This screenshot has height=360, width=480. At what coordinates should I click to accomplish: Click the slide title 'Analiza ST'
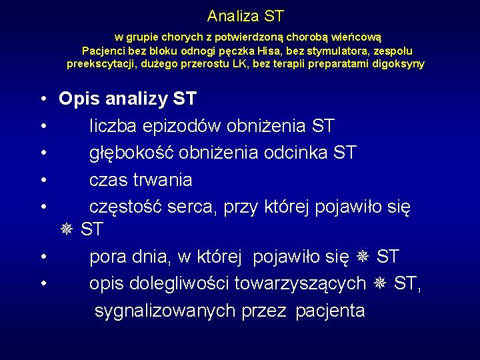coord(245,15)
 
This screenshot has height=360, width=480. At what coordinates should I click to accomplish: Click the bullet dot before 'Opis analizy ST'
coord(42,99)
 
